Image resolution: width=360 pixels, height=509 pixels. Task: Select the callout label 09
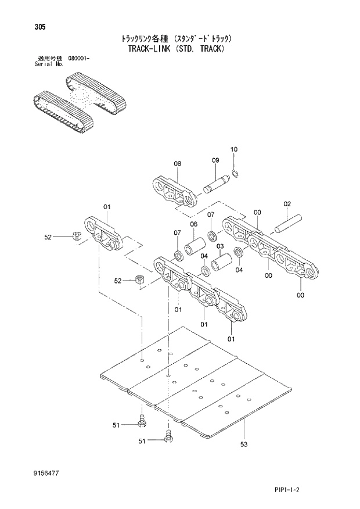pos(215,160)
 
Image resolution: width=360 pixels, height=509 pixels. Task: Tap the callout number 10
pos(234,150)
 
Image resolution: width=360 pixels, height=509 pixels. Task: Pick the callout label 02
pos(287,203)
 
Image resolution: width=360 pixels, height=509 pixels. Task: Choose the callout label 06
pos(193,224)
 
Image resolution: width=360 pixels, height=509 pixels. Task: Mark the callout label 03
pos(220,246)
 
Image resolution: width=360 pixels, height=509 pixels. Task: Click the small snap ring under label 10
pos(236,172)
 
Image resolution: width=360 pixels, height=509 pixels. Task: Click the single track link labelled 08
pos(175,192)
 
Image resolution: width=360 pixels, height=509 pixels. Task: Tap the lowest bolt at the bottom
pos(168,438)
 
